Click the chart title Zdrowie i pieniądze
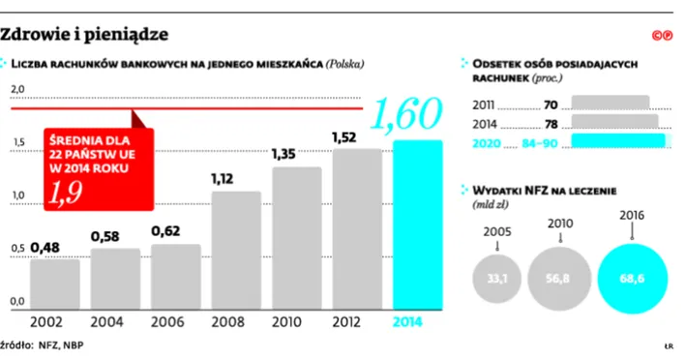point(84,35)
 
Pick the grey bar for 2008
point(236,249)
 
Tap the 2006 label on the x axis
point(176,321)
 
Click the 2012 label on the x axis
point(357,321)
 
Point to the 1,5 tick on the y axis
point(17,143)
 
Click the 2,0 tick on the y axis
point(17,90)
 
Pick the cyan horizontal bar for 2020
point(619,141)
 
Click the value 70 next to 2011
point(551,104)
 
